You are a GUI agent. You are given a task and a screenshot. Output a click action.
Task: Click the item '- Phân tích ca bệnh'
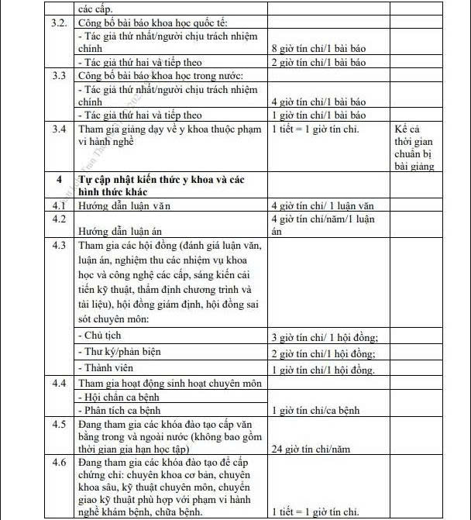coord(125,411)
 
